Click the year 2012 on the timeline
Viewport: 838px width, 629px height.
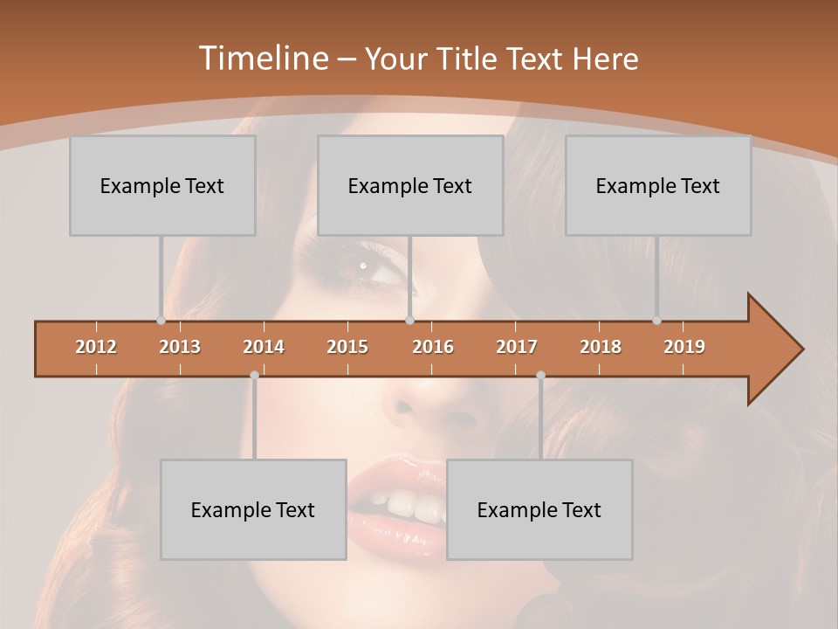coord(96,347)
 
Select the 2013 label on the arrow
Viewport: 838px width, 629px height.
coord(180,347)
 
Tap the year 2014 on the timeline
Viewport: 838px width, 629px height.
coord(264,347)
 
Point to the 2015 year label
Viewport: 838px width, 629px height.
coord(347,347)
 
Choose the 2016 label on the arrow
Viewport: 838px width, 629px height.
coord(433,347)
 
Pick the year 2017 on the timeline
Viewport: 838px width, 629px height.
coord(517,347)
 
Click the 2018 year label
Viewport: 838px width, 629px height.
coord(601,347)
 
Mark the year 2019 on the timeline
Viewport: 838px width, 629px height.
coord(684,347)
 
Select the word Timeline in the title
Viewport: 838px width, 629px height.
coord(261,59)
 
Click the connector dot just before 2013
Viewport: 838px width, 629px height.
coord(161,321)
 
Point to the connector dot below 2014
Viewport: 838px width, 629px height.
coord(254,375)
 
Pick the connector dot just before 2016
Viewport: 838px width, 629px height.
coord(410,321)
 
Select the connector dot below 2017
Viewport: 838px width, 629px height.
coord(540,375)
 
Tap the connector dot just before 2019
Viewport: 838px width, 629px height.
coord(657,321)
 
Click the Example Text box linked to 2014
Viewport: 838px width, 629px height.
coord(253,509)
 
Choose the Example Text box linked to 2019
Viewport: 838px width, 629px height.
coord(658,185)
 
